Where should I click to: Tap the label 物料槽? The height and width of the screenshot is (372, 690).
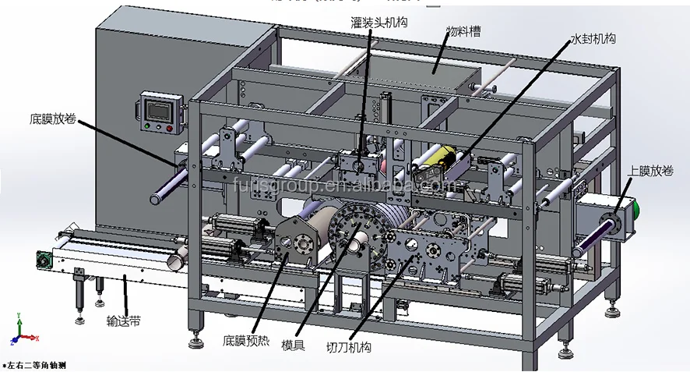click(462, 32)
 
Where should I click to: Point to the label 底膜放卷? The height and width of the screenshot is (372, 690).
click(54, 120)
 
